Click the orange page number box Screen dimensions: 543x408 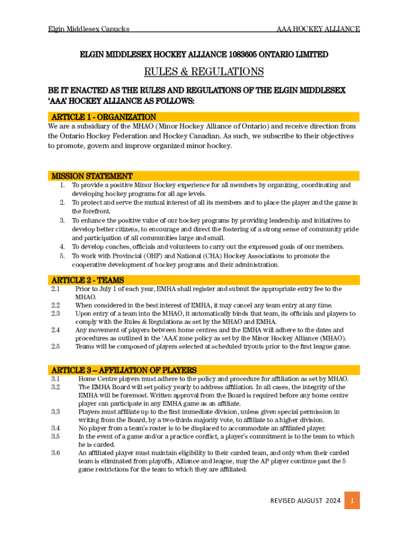(x=352, y=501)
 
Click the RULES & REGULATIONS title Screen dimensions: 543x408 (x=204, y=72)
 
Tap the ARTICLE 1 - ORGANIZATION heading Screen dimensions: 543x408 (x=104, y=117)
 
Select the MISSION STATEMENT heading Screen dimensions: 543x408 (x=92, y=176)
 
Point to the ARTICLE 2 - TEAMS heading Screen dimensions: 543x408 (x=87, y=280)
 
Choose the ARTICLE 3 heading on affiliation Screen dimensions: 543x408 (x=124, y=370)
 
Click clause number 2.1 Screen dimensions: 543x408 (x=56, y=289)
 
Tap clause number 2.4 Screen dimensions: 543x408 (x=56, y=330)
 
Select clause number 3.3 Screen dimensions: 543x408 (x=56, y=411)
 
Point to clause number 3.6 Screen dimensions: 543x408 (x=56, y=453)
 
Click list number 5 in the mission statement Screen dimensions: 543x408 (x=62, y=256)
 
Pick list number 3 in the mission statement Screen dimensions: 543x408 (x=62, y=220)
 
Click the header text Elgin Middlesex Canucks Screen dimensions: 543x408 (x=88, y=29)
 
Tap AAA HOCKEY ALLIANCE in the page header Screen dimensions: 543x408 (x=318, y=29)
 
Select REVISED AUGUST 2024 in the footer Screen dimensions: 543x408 (x=305, y=501)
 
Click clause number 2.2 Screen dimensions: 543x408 (x=56, y=305)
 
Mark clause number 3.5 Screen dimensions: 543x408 (x=56, y=436)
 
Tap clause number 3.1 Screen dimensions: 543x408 (x=56, y=379)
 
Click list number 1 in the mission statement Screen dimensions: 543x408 (x=62, y=185)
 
